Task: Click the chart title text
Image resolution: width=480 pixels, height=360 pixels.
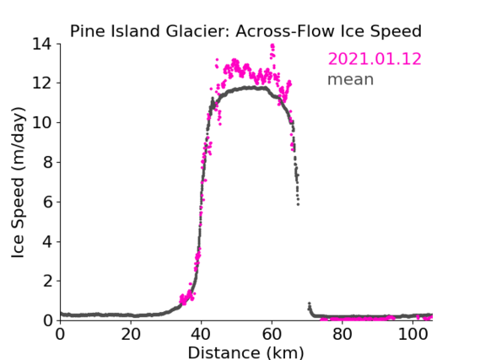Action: [x=245, y=31]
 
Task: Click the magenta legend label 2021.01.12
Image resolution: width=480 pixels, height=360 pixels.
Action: [x=375, y=59]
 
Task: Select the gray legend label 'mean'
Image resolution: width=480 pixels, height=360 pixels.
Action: [x=351, y=79]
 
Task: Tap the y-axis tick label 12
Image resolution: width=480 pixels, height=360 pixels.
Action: [x=42, y=83]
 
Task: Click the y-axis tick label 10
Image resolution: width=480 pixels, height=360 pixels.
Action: [x=42, y=122]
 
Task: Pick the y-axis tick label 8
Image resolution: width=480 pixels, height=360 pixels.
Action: [x=48, y=162]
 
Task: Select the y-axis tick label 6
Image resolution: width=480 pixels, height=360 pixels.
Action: [x=48, y=201]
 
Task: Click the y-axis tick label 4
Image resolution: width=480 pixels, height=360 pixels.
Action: [x=48, y=242]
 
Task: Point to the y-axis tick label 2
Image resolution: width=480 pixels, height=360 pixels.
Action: [x=48, y=281]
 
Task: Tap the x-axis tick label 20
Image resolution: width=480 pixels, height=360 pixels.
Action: [x=131, y=334]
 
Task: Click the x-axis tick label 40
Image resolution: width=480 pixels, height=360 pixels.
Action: [x=201, y=334]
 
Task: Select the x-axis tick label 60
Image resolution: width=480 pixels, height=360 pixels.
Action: [x=272, y=334]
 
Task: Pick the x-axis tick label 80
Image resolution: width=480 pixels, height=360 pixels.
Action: [x=342, y=334]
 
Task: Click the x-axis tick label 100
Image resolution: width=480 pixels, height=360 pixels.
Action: [x=413, y=334]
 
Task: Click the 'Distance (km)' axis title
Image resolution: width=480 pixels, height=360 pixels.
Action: [x=245, y=352]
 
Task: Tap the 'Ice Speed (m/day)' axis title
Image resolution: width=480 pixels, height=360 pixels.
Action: [x=18, y=182]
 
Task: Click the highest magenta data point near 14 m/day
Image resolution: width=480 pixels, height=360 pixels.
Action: [x=272, y=46]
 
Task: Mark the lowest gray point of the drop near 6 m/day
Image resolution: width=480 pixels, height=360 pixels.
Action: [x=298, y=204]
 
